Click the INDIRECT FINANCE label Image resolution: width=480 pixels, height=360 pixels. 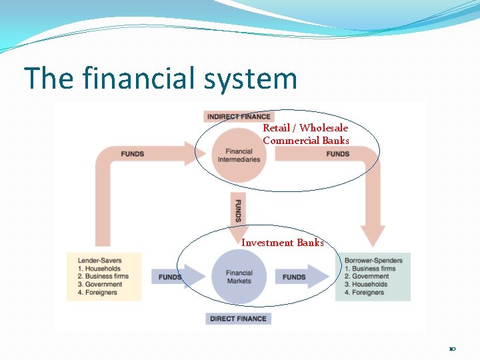(238, 117)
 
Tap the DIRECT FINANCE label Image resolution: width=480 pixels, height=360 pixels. (238, 319)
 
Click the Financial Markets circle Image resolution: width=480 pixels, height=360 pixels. (239, 277)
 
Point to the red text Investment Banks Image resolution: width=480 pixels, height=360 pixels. (282, 243)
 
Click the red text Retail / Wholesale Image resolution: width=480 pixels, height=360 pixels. (305, 127)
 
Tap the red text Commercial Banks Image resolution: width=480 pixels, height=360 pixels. (305, 140)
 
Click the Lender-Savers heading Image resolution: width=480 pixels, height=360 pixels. (99, 260)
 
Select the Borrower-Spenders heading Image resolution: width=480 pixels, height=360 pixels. (373, 260)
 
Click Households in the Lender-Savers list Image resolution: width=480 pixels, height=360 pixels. (103, 269)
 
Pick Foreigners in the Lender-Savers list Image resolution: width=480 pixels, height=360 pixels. (103, 292)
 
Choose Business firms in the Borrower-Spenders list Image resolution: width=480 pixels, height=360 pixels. (373, 269)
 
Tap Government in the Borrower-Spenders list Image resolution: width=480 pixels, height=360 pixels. (370, 277)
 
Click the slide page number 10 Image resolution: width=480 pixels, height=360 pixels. (452, 349)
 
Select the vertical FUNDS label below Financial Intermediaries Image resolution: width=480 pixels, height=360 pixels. (238, 210)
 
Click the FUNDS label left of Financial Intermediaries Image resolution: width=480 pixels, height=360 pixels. (133, 154)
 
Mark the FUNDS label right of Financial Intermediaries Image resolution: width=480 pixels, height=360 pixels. (338, 154)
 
